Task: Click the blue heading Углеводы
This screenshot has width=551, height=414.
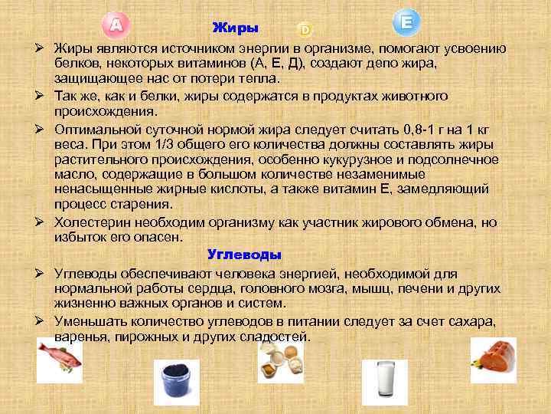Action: coord(245,255)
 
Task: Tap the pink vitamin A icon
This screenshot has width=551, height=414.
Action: coord(115,25)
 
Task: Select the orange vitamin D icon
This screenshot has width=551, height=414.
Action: coord(305,30)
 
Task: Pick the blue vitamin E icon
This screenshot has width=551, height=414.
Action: coord(406,22)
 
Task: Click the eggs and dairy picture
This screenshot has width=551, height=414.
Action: coord(280,360)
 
